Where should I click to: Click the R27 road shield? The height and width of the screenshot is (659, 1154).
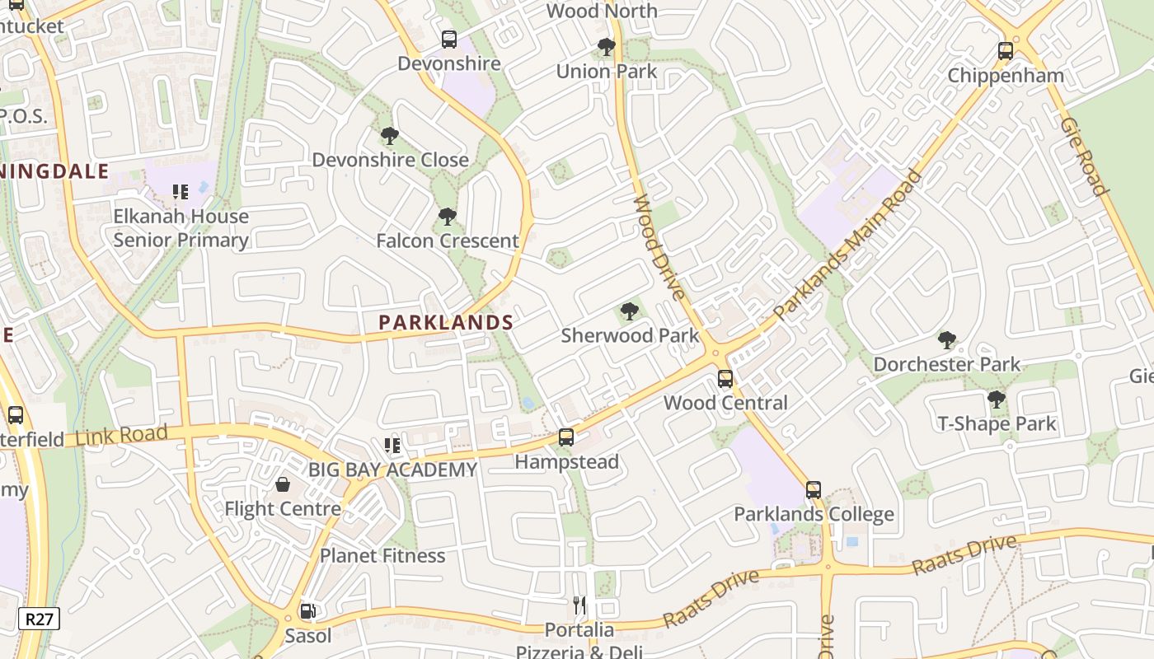(39, 619)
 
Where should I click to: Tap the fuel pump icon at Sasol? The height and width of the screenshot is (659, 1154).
(307, 611)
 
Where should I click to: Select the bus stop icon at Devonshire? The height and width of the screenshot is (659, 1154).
(449, 39)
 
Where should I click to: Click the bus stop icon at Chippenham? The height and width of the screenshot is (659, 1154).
(1006, 50)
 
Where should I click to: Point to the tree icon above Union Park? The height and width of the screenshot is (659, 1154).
(607, 47)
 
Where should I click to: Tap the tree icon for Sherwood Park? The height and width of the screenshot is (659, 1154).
(630, 311)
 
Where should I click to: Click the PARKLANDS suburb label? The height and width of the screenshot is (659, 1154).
(446, 323)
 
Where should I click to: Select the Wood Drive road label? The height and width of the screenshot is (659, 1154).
(659, 248)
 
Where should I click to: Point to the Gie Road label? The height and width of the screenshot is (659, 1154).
(1083, 156)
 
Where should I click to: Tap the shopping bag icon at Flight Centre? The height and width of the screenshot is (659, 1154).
(283, 484)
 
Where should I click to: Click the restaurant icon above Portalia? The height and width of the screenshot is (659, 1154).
(579, 605)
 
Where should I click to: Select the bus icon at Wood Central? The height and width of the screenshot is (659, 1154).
(725, 378)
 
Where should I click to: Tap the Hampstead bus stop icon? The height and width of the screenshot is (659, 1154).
(566, 437)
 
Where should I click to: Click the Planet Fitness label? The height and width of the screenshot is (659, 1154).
(382, 555)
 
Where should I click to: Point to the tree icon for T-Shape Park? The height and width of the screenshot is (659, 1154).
(997, 400)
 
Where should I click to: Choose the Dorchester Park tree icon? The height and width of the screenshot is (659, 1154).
(947, 339)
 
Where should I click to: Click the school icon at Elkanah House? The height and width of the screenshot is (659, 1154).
(181, 192)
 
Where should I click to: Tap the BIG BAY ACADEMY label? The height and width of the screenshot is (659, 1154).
(392, 470)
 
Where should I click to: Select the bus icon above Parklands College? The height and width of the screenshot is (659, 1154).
(814, 489)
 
